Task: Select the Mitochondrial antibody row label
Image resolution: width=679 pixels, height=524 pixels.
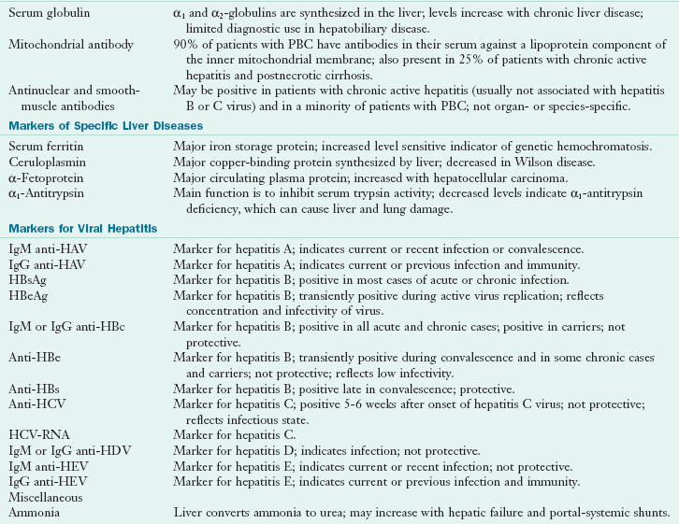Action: (67, 45)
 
